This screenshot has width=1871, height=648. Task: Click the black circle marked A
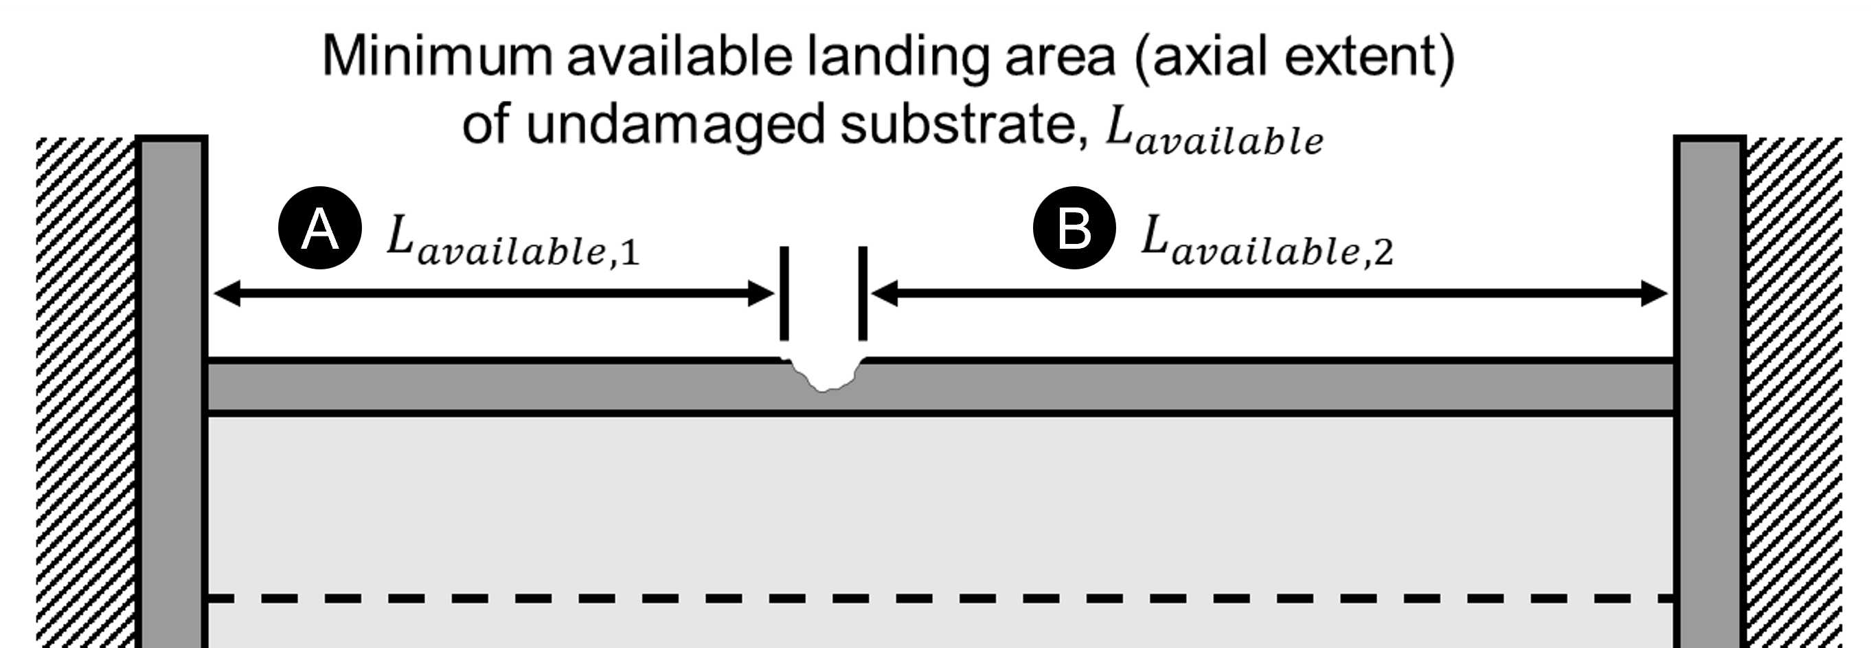[319, 228]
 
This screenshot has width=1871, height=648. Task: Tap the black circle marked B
[1074, 228]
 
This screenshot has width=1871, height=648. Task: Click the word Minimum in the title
[438, 56]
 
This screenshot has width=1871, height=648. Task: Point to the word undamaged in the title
[674, 126]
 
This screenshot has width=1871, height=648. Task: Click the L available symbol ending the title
[1214, 135]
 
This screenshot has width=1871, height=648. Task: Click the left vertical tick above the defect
[784, 293]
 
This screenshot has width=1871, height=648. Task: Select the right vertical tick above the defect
[863, 293]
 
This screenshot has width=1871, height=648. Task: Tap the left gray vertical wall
[172, 392]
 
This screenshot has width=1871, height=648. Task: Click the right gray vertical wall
[1710, 392]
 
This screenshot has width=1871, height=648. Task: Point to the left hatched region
[86, 392]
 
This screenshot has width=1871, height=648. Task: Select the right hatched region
[1794, 392]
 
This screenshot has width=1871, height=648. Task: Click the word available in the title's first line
[679, 56]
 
